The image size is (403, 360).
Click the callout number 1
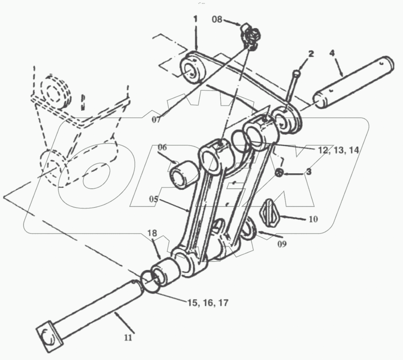coord(195,19)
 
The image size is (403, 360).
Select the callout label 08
coord(217,19)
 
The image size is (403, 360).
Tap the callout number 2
coord(311,54)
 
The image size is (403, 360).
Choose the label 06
coord(162,147)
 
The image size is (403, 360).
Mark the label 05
coord(154,199)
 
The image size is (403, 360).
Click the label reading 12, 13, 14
coord(338,150)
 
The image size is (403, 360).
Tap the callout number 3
coord(309,172)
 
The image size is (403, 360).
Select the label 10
coord(313,219)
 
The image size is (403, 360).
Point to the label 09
coord(282,243)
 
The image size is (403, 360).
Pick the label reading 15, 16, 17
coord(208,303)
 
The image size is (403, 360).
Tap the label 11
coord(128,338)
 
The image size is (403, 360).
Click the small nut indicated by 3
coord(279,173)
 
